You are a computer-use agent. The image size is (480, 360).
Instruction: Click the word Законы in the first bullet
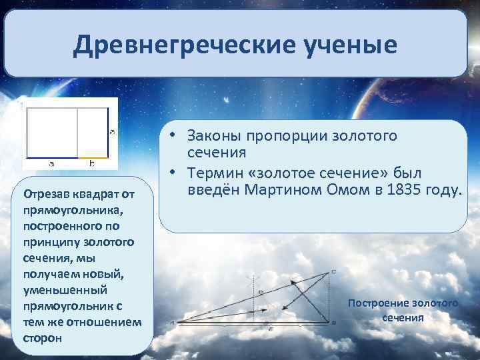tap(215, 136)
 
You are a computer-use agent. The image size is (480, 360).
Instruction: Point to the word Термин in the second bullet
tap(216, 173)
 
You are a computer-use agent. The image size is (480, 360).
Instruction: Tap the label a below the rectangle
tap(51, 163)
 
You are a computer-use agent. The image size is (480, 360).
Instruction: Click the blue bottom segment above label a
tap(52, 158)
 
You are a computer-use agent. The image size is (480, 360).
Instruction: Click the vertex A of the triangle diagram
tap(172, 322)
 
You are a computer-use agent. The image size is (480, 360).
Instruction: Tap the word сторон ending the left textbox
tap(42, 338)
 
